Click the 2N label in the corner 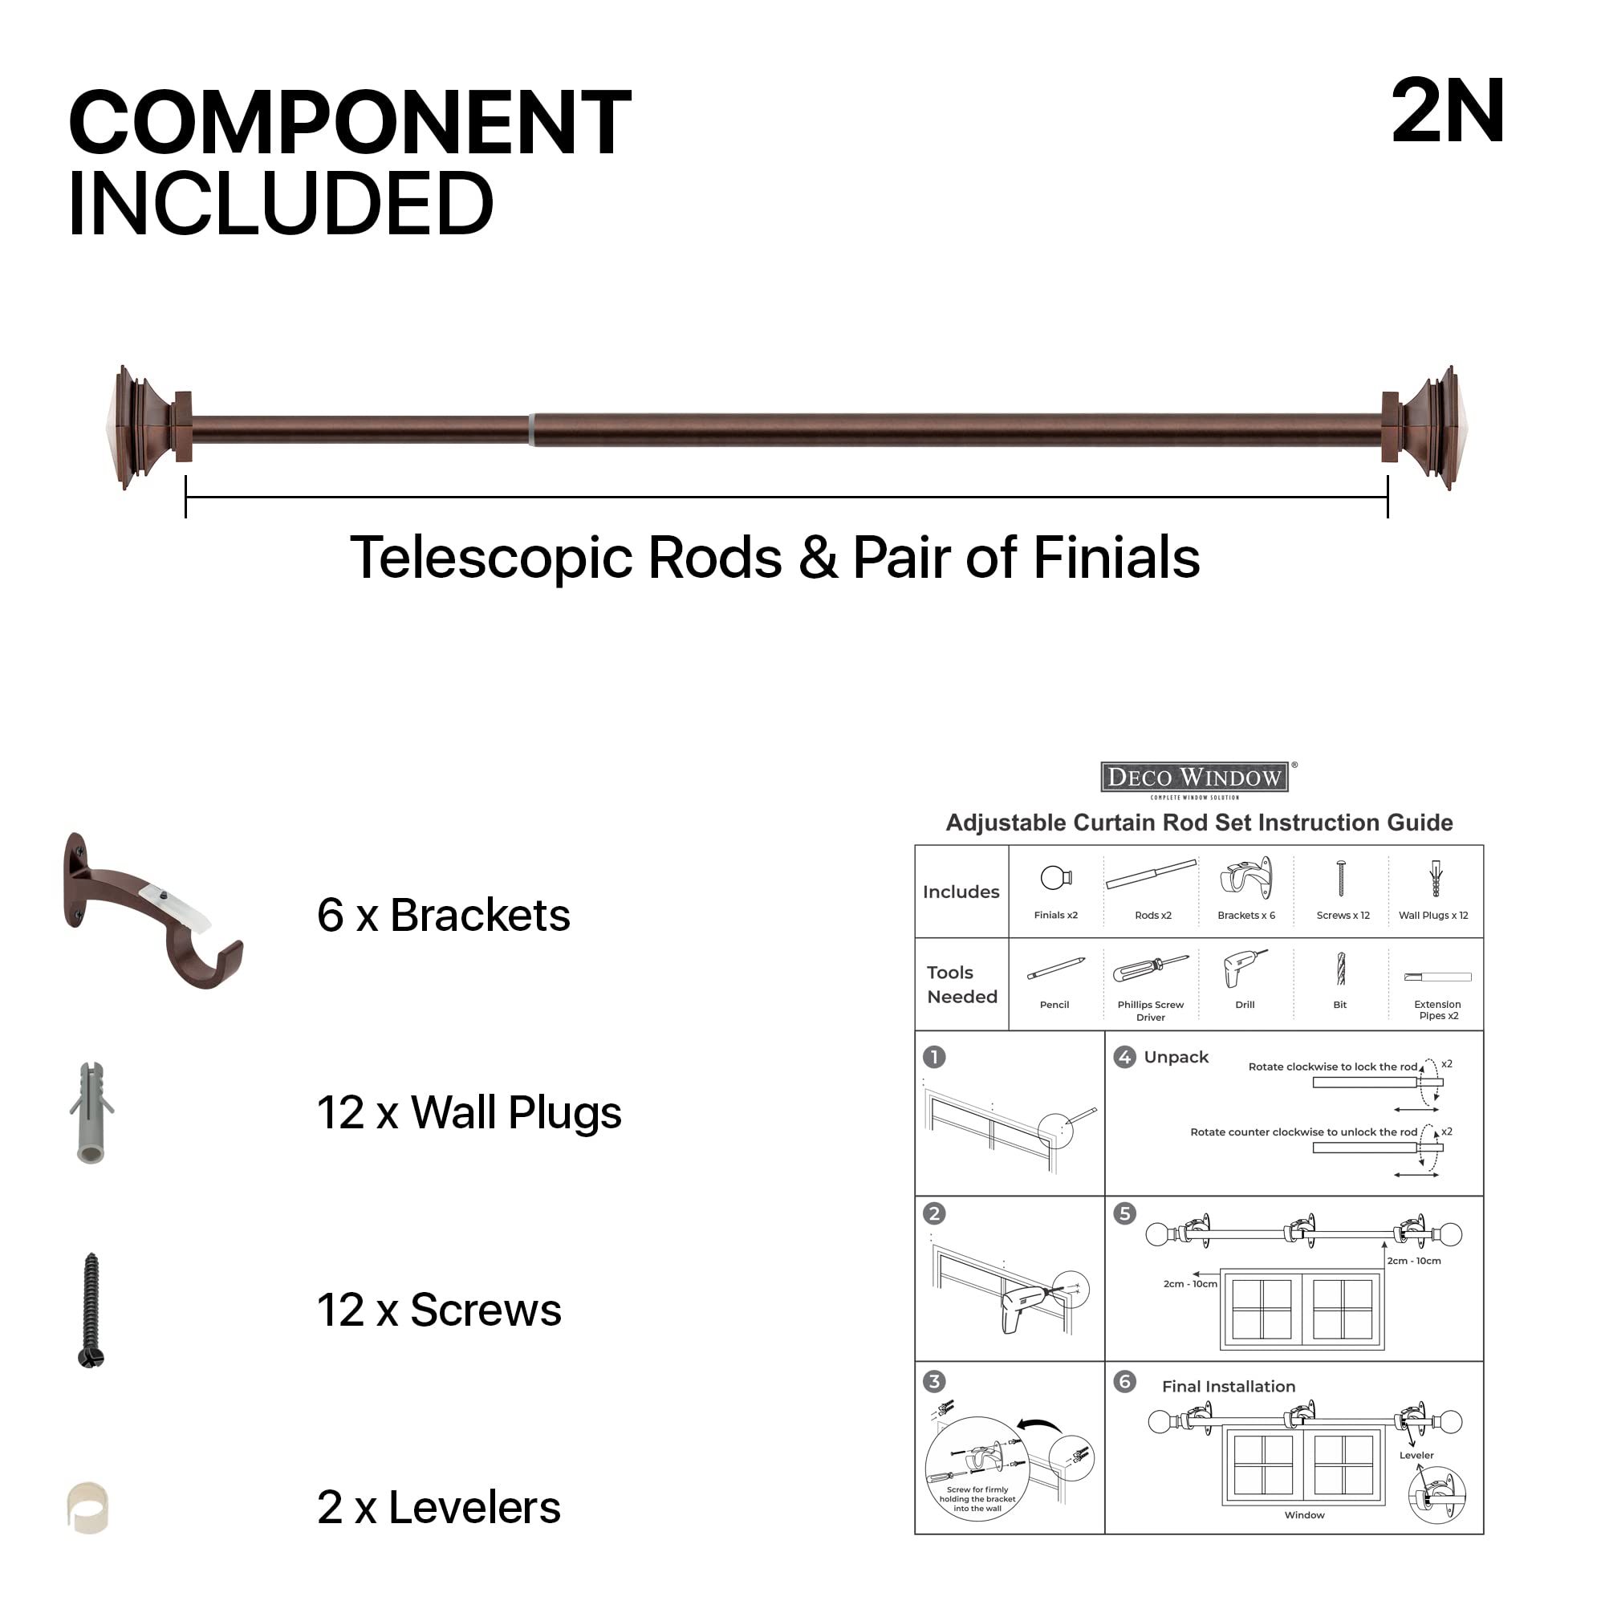(1447, 112)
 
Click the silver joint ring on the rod (530, 429)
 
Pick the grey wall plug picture (91, 1113)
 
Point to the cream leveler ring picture (88, 1508)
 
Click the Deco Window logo (1194, 778)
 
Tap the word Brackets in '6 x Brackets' (479, 916)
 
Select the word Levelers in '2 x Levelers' (473, 1508)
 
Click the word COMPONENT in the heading (349, 123)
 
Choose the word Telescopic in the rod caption (490, 557)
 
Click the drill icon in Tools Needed (1244, 969)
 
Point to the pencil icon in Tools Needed (1055, 969)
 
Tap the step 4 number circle (1124, 1058)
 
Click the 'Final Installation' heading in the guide (1228, 1387)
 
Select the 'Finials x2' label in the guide (1055, 916)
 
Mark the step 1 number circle (934, 1058)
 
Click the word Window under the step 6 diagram (1304, 1515)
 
